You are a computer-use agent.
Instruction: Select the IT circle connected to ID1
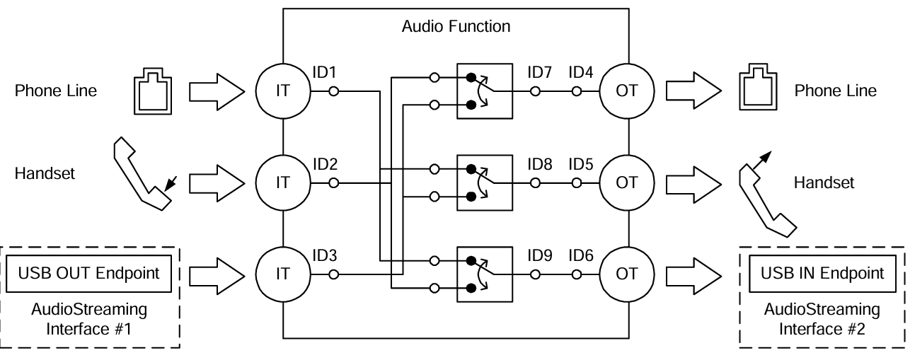click(x=282, y=91)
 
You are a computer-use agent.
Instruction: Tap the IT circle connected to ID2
click(x=282, y=182)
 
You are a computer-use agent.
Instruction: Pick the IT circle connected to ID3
click(x=282, y=274)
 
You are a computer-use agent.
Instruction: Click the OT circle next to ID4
click(x=626, y=91)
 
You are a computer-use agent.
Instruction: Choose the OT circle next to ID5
click(x=626, y=182)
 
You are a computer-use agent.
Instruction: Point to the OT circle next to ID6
click(x=626, y=274)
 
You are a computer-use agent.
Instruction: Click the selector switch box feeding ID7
click(x=484, y=91)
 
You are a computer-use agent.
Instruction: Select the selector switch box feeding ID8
click(x=484, y=182)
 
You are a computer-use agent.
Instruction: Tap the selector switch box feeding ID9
click(x=484, y=274)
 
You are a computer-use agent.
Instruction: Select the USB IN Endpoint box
click(x=822, y=273)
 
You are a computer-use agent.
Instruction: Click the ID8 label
click(x=540, y=163)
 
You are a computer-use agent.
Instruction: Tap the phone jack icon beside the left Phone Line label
click(x=149, y=91)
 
